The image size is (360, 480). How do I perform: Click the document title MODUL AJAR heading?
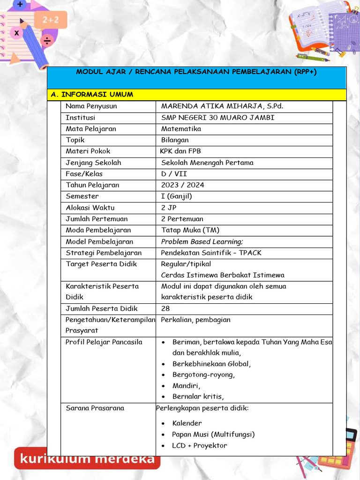(196, 72)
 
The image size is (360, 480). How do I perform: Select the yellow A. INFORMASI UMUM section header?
(92, 95)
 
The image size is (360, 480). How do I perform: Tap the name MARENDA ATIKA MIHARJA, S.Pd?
(222, 106)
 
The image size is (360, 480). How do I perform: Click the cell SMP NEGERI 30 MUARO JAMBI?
(218, 118)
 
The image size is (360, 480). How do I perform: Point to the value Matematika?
(181, 129)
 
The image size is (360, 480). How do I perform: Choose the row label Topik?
(75, 140)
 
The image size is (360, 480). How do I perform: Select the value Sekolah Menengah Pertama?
(207, 163)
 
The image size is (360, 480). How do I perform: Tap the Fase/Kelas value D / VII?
(174, 174)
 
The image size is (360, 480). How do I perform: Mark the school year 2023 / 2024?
(183, 185)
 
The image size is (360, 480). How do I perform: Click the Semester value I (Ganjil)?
(177, 196)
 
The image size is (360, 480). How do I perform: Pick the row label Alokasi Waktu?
(90, 208)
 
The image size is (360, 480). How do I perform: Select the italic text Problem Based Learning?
(202, 242)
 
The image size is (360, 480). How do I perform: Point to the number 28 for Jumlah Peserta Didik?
(165, 309)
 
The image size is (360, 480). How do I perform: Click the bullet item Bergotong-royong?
(203, 375)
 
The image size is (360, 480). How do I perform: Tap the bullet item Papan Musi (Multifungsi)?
(213, 435)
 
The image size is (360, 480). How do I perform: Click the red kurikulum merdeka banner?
(87, 458)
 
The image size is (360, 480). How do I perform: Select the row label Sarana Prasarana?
(95, 408)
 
